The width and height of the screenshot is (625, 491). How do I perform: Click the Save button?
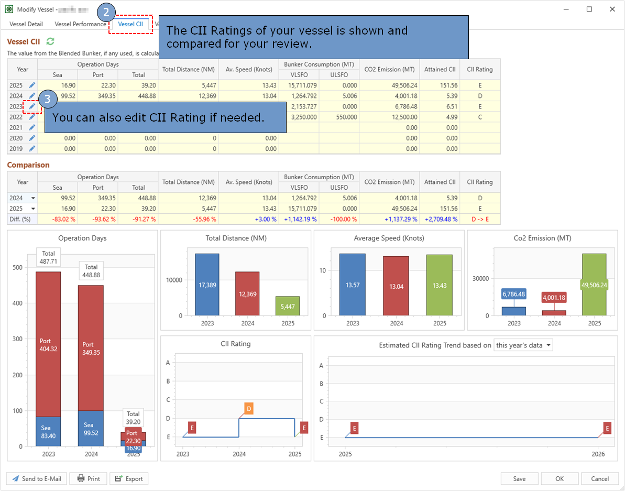coord(519,478)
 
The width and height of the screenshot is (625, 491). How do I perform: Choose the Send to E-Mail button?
coord(37,478)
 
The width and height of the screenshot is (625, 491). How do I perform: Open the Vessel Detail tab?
coord(26,24)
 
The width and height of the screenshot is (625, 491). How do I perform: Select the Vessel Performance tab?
coord(80,24)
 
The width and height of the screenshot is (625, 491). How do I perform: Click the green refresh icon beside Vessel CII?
coord(50,41)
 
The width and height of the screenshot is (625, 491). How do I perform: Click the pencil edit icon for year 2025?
coord(32,85)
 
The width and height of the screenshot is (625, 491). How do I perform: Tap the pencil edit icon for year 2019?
coord(32,149)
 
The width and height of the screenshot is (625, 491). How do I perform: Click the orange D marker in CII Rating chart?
coord(249,409)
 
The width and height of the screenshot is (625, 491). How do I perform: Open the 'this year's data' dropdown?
coord(523,345)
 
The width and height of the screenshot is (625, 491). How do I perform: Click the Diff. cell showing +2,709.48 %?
coord(440,219)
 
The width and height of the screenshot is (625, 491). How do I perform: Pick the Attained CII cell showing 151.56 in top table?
coord(440,85)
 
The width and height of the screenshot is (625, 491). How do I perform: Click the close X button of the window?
coord(612,9)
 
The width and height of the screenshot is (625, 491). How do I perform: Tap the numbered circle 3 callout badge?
coord(47,99)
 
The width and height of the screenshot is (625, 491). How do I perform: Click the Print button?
coord(89,478)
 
